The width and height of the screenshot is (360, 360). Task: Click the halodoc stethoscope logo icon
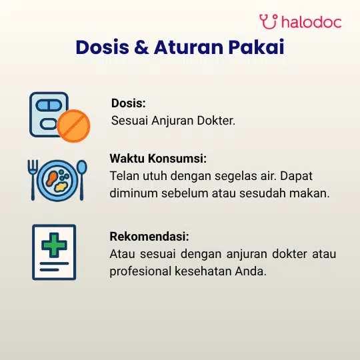269,21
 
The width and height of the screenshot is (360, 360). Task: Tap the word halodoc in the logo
311,22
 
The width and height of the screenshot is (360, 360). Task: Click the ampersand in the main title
141,47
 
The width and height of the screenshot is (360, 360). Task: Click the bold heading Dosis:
129,103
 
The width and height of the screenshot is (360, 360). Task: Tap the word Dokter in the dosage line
216,120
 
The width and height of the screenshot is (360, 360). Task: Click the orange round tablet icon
73,126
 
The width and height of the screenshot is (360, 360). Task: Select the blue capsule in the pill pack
49,105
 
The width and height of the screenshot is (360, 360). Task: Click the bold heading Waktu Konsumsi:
158,159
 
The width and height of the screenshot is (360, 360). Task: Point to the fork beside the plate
33,180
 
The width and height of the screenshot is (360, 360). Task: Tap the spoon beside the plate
82,180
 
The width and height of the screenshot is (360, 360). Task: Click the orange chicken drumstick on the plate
52,178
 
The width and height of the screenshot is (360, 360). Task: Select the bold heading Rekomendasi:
149,237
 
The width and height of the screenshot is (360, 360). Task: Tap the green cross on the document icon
54,245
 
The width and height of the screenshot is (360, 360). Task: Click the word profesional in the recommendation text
141,271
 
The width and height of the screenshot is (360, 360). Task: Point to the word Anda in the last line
251,271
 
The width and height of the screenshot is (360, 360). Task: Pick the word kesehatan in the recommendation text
203,271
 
